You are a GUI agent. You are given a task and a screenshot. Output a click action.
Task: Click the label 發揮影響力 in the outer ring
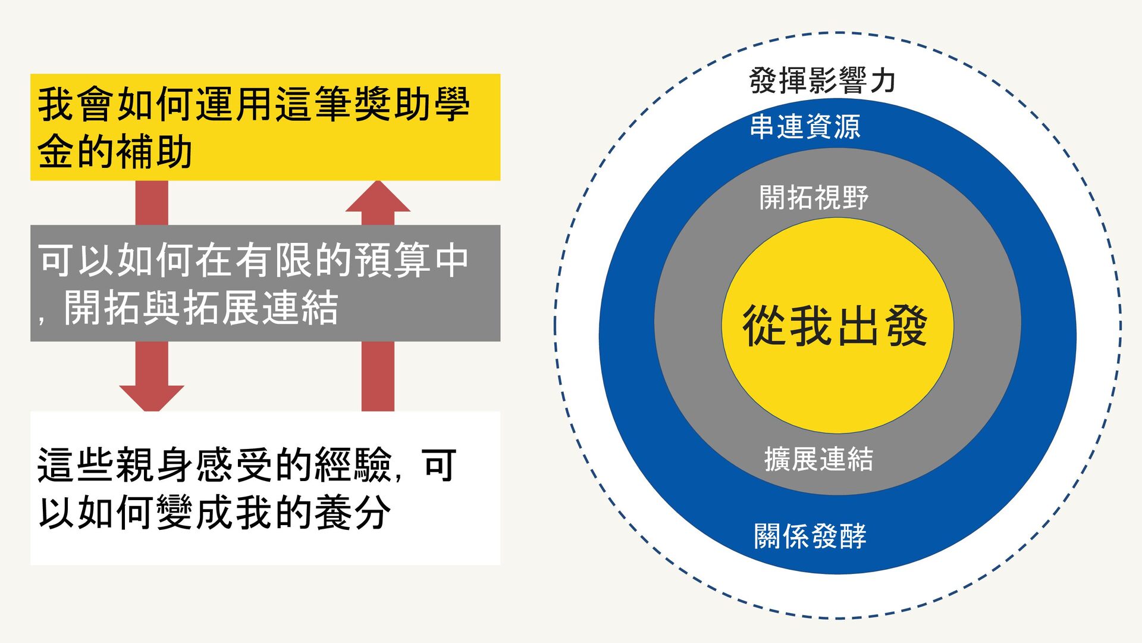pyautogui.click(x=822, y=80)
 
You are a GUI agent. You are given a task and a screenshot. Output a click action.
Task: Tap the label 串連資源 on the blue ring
pyautogui.click(x=805, y=127)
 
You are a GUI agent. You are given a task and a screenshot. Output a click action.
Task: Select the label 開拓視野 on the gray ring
pyautogui.click(x=814, y=197)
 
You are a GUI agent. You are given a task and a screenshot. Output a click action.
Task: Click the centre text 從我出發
pyautogui.click(x=835, y=326)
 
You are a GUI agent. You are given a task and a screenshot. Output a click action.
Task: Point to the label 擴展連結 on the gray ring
pyautogui.click(x=818, y=459)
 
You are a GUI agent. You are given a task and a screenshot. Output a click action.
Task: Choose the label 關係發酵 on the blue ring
pyautogui.click(x=810, y=536)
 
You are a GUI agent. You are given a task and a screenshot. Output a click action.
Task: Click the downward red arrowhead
pyautogui.click(x=152, y=397)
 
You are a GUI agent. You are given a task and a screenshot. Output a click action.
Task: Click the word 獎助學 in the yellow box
pyautogui.click(x=412, y=104)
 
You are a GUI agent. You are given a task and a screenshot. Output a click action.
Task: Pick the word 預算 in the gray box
pyautogui.click(x=392, y=260)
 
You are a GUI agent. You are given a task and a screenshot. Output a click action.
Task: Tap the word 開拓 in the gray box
pyautogui.click(x=103, y=308)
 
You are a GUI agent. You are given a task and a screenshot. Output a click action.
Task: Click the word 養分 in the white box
pyautogui.click(x=352, y=513)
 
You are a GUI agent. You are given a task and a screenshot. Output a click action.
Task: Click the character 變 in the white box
pyautogui.click(x=174, y=513)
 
